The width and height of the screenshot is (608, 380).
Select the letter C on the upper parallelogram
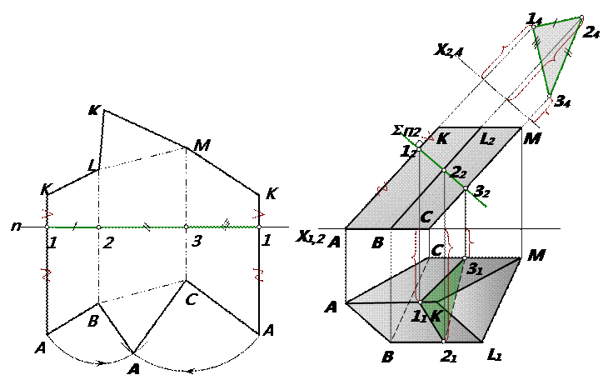pos(426,217)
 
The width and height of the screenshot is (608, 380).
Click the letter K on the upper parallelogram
pos(443,139)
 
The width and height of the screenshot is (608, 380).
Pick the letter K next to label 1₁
pos(436,317)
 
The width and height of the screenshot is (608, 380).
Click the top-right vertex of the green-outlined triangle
pos(581,17)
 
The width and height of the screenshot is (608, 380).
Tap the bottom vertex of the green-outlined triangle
pos(548,97)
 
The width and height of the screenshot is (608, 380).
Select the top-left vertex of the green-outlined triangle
pos(533,27)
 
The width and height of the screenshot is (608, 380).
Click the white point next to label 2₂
pos(444,171)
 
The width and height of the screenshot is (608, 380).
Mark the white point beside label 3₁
pos(464,258)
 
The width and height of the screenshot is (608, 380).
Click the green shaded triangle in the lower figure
pos(447,296)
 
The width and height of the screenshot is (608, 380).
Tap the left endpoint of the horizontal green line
pos(47,227)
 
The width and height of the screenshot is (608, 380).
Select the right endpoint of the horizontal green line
pos(259,227)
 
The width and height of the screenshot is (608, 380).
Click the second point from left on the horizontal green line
pos(98,227)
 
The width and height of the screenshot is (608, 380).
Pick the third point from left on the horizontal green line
pos(186,227)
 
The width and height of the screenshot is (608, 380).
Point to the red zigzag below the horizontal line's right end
pos(259,274)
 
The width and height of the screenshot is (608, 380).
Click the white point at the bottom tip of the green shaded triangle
pos(444,341)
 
